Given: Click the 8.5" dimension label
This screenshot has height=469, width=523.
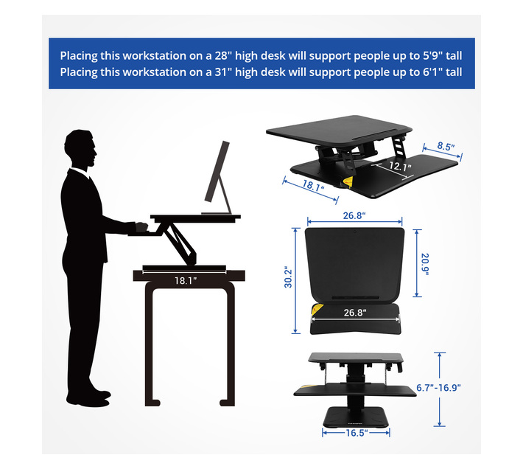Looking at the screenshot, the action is pos(446,146).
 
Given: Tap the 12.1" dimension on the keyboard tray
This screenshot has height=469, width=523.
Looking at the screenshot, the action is pos(400,166).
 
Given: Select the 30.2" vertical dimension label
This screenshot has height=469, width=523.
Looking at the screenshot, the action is pos(288,277).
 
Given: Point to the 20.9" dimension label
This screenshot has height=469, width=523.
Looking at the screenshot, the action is pos(424,265).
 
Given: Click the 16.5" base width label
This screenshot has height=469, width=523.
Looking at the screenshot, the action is pos(357,433).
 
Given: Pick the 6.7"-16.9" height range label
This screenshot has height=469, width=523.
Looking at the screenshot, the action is pos(438,388).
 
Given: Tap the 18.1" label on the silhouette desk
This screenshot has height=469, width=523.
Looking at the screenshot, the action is pos(186,281).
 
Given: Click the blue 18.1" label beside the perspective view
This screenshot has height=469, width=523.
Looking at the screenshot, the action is pos(313,186).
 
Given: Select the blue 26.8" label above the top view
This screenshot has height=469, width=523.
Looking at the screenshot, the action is pos(354,215).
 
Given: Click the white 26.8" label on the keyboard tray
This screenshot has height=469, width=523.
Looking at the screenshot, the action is pos(355,313).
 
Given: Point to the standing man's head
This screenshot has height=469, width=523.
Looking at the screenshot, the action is pos(81,149).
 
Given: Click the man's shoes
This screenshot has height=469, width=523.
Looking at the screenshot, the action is pos(88,398).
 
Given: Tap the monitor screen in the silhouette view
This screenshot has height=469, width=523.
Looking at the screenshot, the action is pos(217,172).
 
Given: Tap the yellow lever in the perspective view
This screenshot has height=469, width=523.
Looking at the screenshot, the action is pos(347,183).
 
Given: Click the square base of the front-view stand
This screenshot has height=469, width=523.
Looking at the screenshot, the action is pos(356,417).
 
